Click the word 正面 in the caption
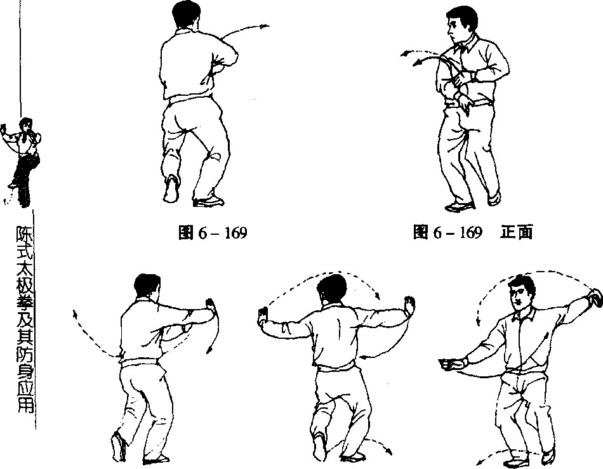[517, 232]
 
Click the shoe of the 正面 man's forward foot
[459, 206]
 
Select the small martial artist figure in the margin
[22, 161]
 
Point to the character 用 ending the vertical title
[25, 404]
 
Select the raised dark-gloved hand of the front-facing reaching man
[594, 297]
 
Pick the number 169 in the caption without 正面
[235, 232]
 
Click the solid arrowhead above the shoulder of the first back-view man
[265, 26]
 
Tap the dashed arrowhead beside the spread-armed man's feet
[388, 451]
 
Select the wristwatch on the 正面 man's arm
[473, 76]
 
